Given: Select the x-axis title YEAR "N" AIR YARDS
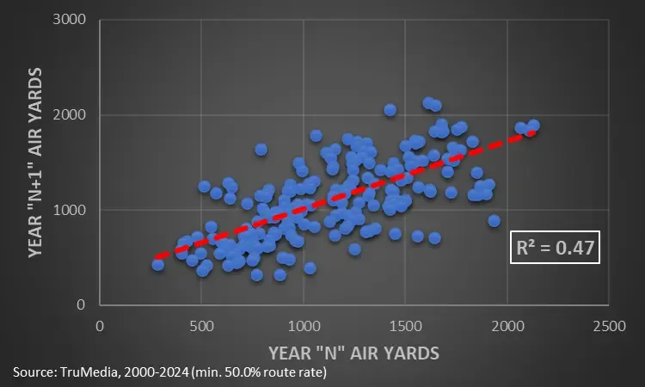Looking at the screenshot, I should coord(353,353).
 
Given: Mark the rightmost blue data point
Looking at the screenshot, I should coord(533,125).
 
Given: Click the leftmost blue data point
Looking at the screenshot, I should coord(157,264).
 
